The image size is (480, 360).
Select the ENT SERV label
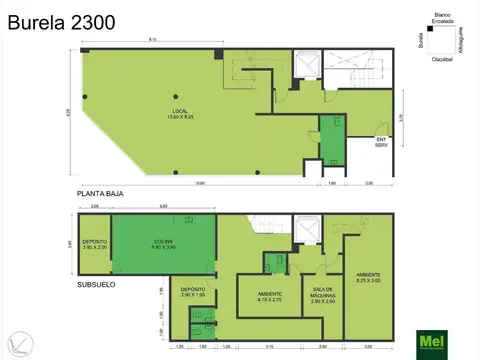click(381, 142)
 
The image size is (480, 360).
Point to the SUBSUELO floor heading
click(98, 285)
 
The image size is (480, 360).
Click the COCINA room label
click(163, 244)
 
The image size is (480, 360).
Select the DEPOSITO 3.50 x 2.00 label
click(95, 244)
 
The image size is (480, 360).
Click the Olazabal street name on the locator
click(439, 57)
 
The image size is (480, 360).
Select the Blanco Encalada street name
click(439, 19)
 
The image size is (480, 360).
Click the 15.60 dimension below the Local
click(199, 183)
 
